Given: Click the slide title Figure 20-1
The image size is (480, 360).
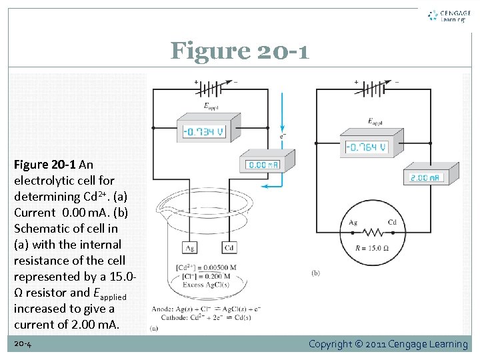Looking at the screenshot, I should (239, 51).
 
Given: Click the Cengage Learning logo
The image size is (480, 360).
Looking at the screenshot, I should (448, 16).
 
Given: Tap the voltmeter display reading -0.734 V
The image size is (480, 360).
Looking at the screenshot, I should (203, 131).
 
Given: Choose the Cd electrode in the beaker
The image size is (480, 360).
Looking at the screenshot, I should (228, 249).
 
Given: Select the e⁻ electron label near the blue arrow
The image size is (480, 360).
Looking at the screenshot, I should (283, 136).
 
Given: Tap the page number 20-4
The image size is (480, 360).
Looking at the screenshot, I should (23, 344).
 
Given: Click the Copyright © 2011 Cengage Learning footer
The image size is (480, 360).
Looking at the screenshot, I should (388, 344).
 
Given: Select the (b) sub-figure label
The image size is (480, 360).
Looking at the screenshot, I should (315, 272).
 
